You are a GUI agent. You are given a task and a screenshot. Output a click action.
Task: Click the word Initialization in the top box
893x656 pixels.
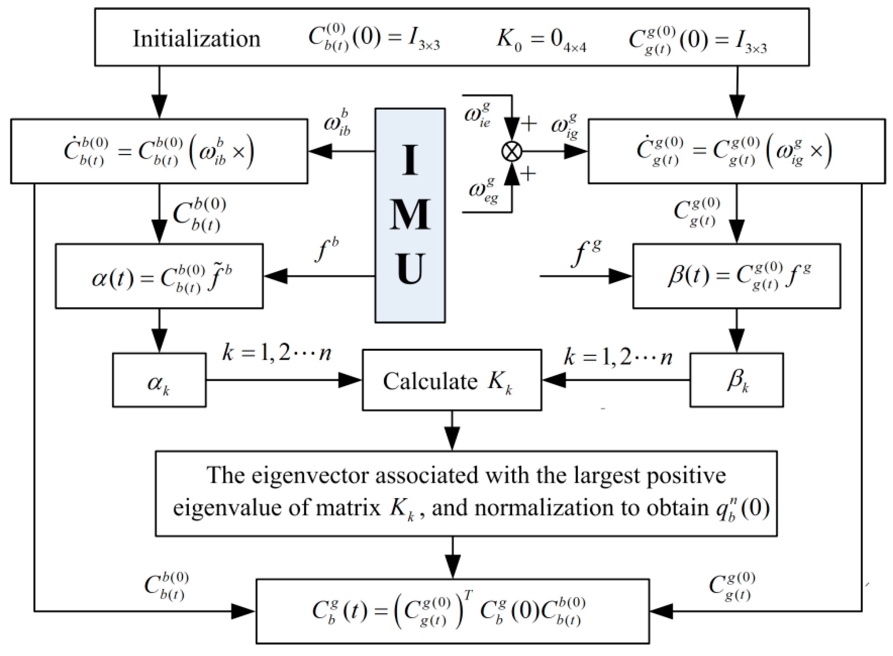[196, 39]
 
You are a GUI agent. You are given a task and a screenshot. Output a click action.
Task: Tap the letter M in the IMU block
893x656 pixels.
[410, 215]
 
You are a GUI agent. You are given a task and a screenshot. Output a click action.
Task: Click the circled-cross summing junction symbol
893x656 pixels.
[512, 151]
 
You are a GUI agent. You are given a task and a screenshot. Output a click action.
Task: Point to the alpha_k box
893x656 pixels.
[159, 380]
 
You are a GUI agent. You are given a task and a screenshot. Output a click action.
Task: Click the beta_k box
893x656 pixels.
[736, 380]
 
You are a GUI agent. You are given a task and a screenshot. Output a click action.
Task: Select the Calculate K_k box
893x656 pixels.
[452, 380]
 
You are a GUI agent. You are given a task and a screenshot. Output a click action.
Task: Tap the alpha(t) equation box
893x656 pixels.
[159, 276]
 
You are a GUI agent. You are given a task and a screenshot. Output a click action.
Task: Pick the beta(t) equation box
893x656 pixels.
[736, 276]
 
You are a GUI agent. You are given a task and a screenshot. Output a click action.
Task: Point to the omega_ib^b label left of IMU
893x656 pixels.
[337, 124]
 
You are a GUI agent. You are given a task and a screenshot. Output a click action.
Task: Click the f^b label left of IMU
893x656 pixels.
[327, 250]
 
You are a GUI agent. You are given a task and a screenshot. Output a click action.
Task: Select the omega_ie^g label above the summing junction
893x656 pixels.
[477, 115]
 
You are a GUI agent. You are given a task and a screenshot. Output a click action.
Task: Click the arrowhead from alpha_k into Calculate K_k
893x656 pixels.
[350, 380]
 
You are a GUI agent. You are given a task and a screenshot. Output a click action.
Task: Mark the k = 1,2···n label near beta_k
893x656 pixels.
[618, 357]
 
